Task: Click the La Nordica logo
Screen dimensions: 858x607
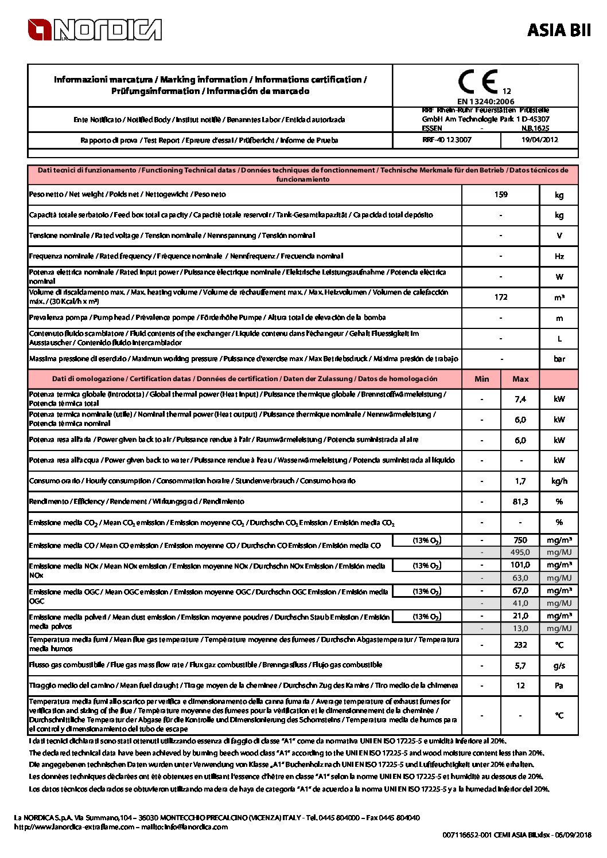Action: click(95, 30)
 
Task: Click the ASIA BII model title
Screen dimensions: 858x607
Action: click(558, 30)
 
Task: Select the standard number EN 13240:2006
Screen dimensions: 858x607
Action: click(485, 101)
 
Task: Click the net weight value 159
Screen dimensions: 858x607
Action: click(501, 194)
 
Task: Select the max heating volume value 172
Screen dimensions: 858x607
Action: click(501, 297)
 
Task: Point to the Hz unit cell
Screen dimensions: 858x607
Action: click(559, 256)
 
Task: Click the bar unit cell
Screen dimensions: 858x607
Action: click(559, 359)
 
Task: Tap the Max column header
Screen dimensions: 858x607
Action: click(520, 379)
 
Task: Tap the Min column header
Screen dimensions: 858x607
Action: click(482, 379)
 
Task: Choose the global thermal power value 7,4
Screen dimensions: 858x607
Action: click(520, 399)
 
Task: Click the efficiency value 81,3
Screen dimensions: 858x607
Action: click(520, 502)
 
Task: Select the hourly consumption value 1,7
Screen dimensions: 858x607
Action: click(520, 481)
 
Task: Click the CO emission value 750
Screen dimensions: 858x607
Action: click(520, 540)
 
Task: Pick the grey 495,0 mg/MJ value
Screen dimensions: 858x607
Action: click(520, 552)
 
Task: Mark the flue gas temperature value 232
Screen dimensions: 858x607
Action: click(520, 645)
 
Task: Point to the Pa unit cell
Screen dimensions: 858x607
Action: click(559, 685)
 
